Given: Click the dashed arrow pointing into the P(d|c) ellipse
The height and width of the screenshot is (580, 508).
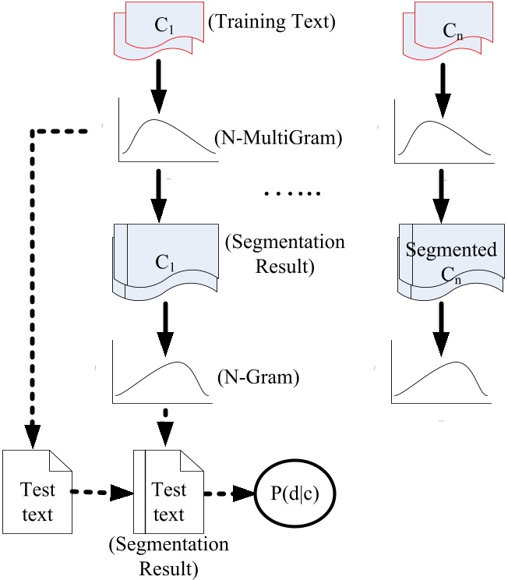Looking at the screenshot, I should (231, 492).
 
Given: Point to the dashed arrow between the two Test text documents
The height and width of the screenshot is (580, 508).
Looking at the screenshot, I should (102, 492).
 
